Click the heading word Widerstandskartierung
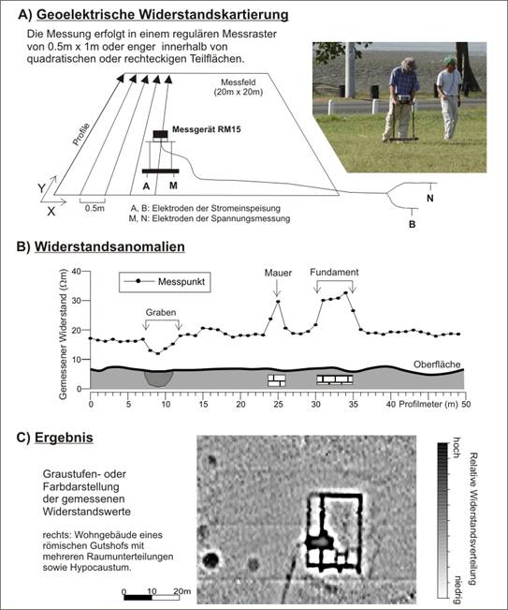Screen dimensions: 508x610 [x=213, y=15]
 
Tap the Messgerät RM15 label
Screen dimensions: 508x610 [x=206, y=129]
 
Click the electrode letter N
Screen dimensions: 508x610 [x=430, y=198]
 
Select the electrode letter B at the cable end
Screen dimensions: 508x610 [x=412, y=225]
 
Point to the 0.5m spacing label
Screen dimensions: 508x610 [x=94, y=208]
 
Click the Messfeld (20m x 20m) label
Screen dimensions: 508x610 [x=238, y=87]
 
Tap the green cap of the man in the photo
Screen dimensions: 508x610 [x=449, y=61]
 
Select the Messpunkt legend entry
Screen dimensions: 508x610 [x=165, y=282]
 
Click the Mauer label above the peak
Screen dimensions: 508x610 [x=278, y=273]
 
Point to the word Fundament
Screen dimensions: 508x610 [x=334, y=273]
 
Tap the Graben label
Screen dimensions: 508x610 [x=161, y=312]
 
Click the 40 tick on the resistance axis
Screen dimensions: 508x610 [x=76, y=271]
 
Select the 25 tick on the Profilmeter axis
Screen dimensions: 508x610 [x=278, y=404]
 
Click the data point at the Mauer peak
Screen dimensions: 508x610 [x=278, y=302]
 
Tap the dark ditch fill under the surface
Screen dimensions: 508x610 [x=158, y=379]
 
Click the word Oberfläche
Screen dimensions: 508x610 [x=437, y=365]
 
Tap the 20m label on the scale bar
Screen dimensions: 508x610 [x=182, y=591]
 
